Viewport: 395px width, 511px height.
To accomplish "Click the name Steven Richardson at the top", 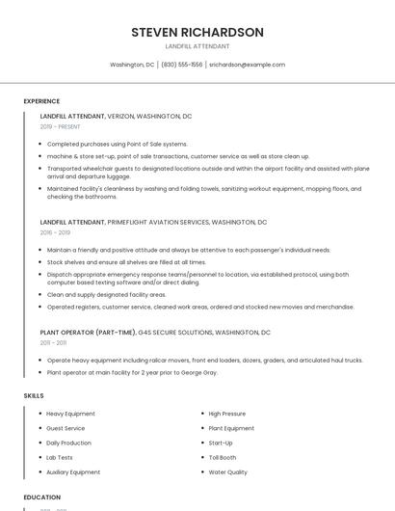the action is click(x=197, y=32).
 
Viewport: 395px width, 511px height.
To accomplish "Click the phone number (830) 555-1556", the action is click(x=182, y=65).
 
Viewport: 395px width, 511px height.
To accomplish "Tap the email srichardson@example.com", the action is click(x=248, y=65).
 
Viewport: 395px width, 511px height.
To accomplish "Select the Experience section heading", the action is click(x=41, y=101).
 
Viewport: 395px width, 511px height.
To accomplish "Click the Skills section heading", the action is click(x=34, y=395).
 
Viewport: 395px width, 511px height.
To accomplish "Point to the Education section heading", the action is click(x=42, y=497).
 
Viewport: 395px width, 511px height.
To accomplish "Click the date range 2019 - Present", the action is click(x=61, y=126).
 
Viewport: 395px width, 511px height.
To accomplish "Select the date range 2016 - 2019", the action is click(x=55, y=232).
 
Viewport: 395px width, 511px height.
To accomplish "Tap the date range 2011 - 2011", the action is click(x=53, y=342).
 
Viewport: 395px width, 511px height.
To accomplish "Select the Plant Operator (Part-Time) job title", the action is click(x=88, y=332).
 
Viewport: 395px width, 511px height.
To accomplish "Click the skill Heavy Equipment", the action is click(x=70, y=414).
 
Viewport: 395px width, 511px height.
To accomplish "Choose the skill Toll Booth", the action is click(x=223, y=457).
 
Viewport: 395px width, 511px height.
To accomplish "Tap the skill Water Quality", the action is click(x=227, y=472).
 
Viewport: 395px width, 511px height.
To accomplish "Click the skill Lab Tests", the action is click(x=60, y=457).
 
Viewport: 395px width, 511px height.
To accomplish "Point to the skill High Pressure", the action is click(x=226, y=414).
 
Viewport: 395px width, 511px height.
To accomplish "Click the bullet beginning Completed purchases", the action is click(x=117, y=144).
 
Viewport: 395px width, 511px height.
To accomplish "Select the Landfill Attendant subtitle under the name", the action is click(x=197, y=46).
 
